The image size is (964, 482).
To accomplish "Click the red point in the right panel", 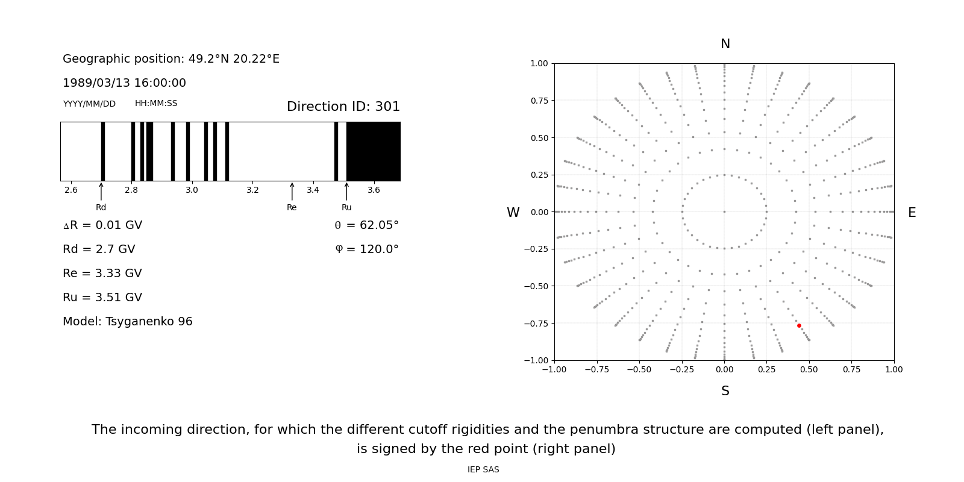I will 799,325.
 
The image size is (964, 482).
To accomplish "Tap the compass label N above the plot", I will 725,44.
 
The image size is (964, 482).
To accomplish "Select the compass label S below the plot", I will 725,391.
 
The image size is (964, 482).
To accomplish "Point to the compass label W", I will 513,213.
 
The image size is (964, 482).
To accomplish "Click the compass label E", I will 912,213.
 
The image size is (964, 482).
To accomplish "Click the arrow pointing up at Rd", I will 101,191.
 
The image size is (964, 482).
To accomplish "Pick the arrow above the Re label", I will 292,191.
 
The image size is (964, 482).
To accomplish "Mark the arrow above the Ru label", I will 346,191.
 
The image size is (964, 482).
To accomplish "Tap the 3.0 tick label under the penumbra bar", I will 192,190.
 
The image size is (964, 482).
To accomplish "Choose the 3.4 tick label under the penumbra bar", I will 313,190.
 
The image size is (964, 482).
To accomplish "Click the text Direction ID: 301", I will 343,107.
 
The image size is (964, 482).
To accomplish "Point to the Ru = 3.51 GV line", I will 102,298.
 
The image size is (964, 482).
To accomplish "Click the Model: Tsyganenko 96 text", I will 128,322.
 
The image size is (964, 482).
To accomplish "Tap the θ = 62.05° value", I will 366,225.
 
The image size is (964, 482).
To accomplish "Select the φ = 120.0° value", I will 366,249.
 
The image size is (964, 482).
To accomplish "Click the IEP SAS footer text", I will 483,469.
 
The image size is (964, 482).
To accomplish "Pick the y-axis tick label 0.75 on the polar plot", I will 539,101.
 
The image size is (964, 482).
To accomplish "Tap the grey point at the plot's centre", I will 724,211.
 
